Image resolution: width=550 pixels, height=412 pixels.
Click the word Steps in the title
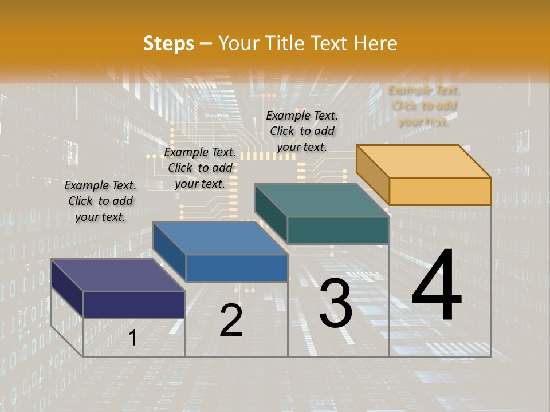click(x=168, y=43)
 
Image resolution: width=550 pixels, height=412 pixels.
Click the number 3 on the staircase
click(x=335, y=303)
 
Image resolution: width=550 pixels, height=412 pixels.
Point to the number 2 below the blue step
click(x=231, y=320)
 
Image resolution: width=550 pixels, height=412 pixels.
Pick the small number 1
click(x=133, y=338)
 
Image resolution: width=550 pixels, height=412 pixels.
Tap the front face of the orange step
click(x=440, y=191)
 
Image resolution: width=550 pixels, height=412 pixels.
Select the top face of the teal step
click(x=322, y=200)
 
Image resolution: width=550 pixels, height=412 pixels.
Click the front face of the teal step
click(x=338, y=230)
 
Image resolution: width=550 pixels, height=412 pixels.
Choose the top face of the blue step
click(x=221, y=238)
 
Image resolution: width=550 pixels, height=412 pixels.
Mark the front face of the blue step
click(x=237, y=268)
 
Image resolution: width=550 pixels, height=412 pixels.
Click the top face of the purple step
click(x=118, y=275)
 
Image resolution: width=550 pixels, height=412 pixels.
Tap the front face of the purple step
click(x=134, y=304)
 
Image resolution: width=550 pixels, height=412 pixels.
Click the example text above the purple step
click(x=100, y=201)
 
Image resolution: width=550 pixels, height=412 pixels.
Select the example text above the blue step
click(x=200, y=168)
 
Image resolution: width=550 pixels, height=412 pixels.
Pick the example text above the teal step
click(x=302, y=131)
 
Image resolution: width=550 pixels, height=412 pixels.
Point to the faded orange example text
click(x=424, y=105)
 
